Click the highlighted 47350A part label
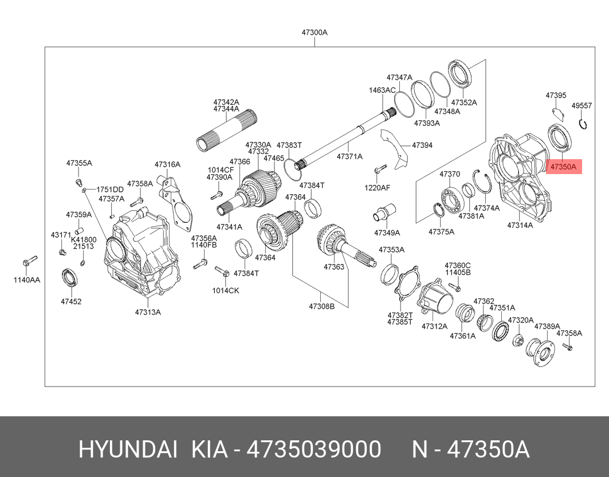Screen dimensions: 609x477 pos(564,167)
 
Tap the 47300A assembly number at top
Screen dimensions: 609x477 pos(315,33)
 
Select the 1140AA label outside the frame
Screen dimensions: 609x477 pos(26,280)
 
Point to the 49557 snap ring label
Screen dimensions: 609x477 pos(582,105)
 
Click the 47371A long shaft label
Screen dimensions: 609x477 pos(349,156)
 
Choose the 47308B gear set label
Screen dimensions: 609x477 pos(321,306)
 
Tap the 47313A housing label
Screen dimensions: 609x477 pos(148,312)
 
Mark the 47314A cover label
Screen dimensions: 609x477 pos(520,226)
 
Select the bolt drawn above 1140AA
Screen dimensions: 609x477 pos(30,261)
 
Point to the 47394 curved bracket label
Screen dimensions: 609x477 pos(422,145)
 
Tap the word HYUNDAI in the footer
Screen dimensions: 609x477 pos(127,450)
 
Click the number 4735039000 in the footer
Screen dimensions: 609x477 pos(313,450)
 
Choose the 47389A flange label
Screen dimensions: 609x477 pos(547,326)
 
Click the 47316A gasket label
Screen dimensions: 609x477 pos(167,164)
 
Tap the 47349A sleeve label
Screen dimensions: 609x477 pos(387,233)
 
